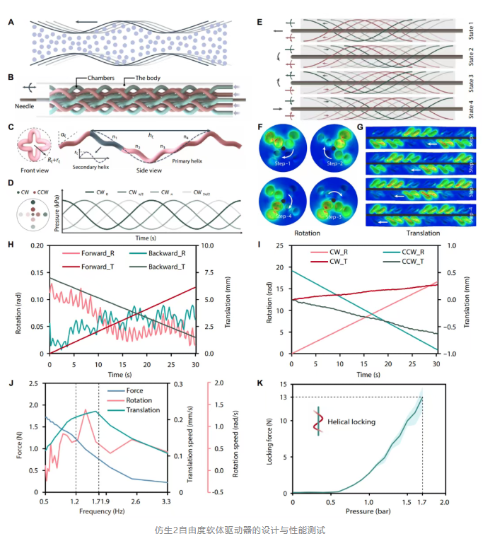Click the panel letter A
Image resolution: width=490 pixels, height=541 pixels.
coord(11,22)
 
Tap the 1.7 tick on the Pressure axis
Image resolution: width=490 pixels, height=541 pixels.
coord(423,501)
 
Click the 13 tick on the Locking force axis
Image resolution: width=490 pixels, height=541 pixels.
coord(283,397)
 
